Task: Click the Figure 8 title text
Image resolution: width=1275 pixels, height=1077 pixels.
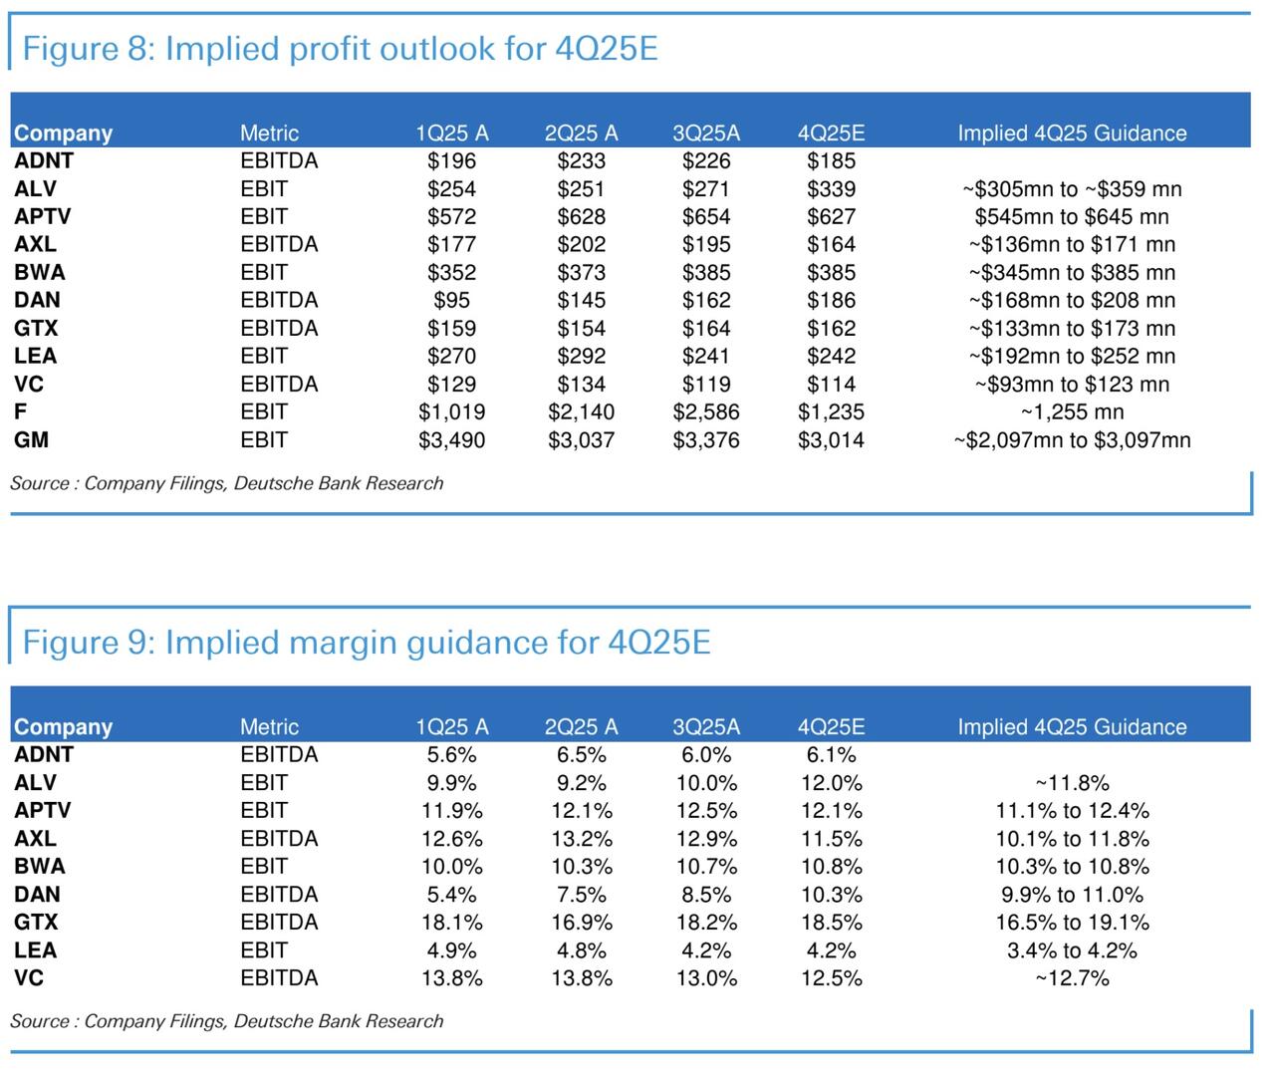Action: click(x=340, y=48)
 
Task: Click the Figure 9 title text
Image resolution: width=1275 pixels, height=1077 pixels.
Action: click(x=366, y=642)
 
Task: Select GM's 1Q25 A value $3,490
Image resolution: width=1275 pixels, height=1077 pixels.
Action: click(x=451, y=440)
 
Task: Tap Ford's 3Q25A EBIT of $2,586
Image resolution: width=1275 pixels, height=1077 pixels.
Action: click(x=705, y=412)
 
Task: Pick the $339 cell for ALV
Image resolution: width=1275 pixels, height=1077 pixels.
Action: click(x=831, y=189)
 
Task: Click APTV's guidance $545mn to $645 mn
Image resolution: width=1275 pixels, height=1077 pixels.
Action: click(x=1072, y=217)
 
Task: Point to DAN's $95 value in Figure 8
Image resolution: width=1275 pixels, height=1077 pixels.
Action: click(x=451, y=301)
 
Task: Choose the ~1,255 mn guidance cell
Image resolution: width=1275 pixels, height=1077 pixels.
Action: click(x=1072, y=412)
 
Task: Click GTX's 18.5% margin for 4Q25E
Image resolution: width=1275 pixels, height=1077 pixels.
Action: click(x=831, y=923)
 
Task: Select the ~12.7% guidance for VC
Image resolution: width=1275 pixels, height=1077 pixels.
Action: click(x=1072, y=978)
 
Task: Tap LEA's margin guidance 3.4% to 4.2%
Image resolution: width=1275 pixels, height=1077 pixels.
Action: click(x=1072, y=950)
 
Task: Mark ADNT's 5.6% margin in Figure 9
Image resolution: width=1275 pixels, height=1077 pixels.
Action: click(x=451, y=755)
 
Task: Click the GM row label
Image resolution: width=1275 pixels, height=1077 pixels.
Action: click(x=32, y=440)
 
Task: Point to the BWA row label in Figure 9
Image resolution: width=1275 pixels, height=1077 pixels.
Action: click(x=40, y=867)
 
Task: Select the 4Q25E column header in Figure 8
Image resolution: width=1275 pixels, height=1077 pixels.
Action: click(x=831, y=134)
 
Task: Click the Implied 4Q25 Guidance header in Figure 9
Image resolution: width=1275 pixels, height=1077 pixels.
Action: click(x=1072, y=727)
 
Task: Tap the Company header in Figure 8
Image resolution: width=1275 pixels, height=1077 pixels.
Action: click(x=63, y=134)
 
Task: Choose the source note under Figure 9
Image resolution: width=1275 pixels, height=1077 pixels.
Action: click(x=226, y=1021)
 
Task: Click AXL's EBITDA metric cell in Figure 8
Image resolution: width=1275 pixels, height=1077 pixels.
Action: click(x=279, y=245)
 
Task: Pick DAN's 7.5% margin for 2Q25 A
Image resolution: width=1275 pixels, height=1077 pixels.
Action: click(x=581, y=895)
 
